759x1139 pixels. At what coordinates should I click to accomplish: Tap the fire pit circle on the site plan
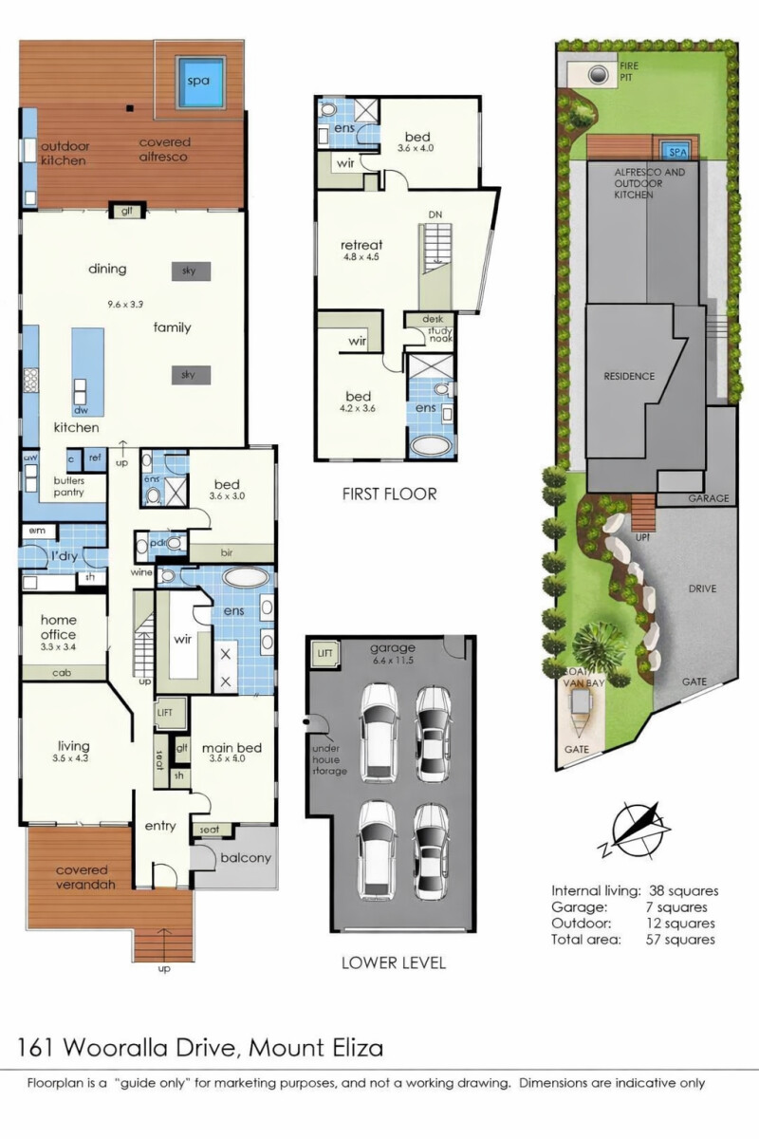click(598, 75)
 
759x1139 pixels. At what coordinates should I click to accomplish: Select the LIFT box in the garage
click(324, 654)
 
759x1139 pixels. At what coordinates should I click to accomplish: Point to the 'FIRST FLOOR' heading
click(389, 494)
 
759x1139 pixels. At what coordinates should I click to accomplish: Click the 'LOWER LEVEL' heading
click(393, 962)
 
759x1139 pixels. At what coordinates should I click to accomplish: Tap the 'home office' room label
click(58, 627)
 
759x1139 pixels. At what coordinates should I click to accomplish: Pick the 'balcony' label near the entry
click(246, 858)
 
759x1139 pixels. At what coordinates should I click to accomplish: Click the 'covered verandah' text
click(81, 877)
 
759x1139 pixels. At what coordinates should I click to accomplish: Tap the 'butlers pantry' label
click(68, 486)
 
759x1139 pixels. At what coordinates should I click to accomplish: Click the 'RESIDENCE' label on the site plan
click(629, 376)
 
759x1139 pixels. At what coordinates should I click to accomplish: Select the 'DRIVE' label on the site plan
click(702, 588)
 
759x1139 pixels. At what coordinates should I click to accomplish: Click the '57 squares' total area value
click(681, 939)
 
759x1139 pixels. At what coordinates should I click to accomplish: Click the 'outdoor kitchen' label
click(64, 154)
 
